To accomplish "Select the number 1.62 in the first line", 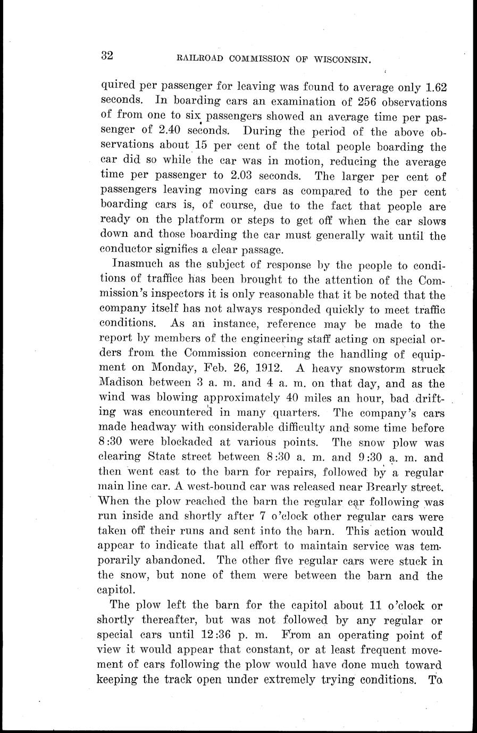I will (x=431, y=87).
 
